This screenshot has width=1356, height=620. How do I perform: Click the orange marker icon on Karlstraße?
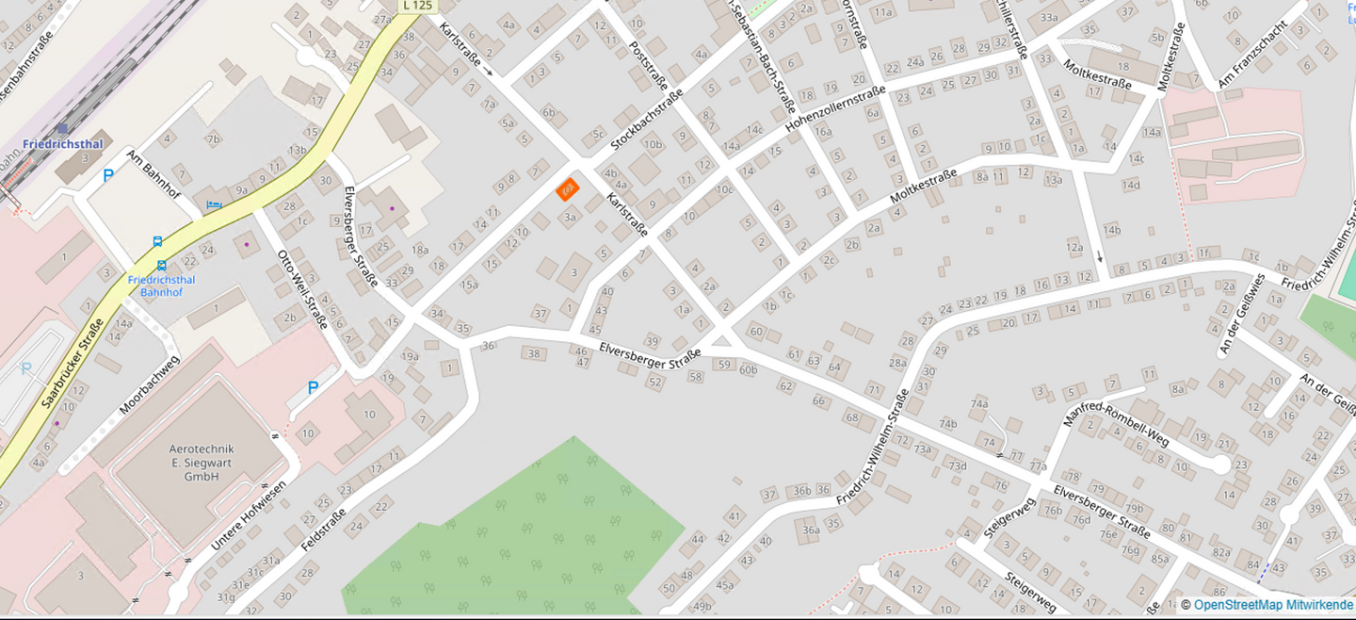[567, 189]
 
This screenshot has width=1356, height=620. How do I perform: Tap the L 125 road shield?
[418, 6]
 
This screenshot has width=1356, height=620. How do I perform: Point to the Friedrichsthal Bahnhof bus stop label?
[161, 286]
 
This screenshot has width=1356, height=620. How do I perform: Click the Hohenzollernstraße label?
[835, 109]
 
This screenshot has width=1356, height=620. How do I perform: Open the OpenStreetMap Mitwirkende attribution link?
[1272, 605]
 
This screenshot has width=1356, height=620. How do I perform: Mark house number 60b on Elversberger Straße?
[748, 368]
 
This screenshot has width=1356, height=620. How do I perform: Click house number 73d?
[957, 465]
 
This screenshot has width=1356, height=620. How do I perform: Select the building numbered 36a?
[810, 530]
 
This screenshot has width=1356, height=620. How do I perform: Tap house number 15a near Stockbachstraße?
[469, 284]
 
